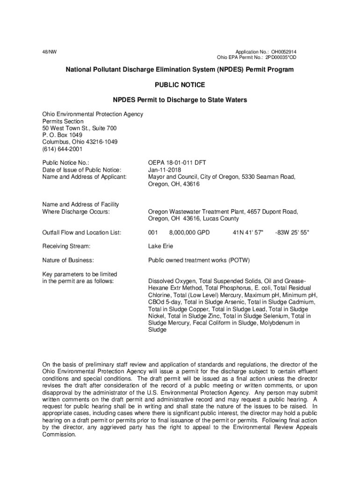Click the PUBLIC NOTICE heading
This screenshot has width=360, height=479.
[180, 85]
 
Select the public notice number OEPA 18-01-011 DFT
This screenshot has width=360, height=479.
[177, 163]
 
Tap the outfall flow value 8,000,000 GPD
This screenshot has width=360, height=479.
[189, 232]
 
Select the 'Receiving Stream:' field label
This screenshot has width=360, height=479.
[66, 246]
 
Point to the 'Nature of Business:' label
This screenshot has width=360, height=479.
[68, 260]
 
